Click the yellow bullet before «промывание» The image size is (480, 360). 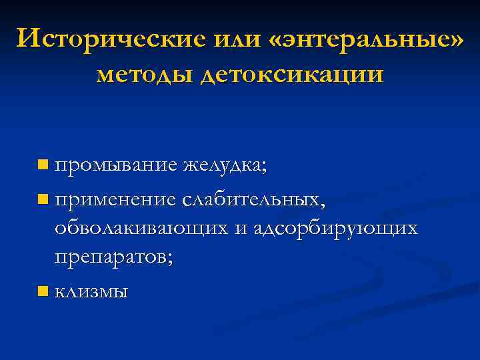[x=43, y=164]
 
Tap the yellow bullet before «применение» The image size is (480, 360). [x=43, y=198]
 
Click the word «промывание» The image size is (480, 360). [x=116, y=165]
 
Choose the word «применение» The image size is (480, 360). [x=116, y=199]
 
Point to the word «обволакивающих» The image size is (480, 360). [x=142, y=228]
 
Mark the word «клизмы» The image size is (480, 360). [x=91, y=291]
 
